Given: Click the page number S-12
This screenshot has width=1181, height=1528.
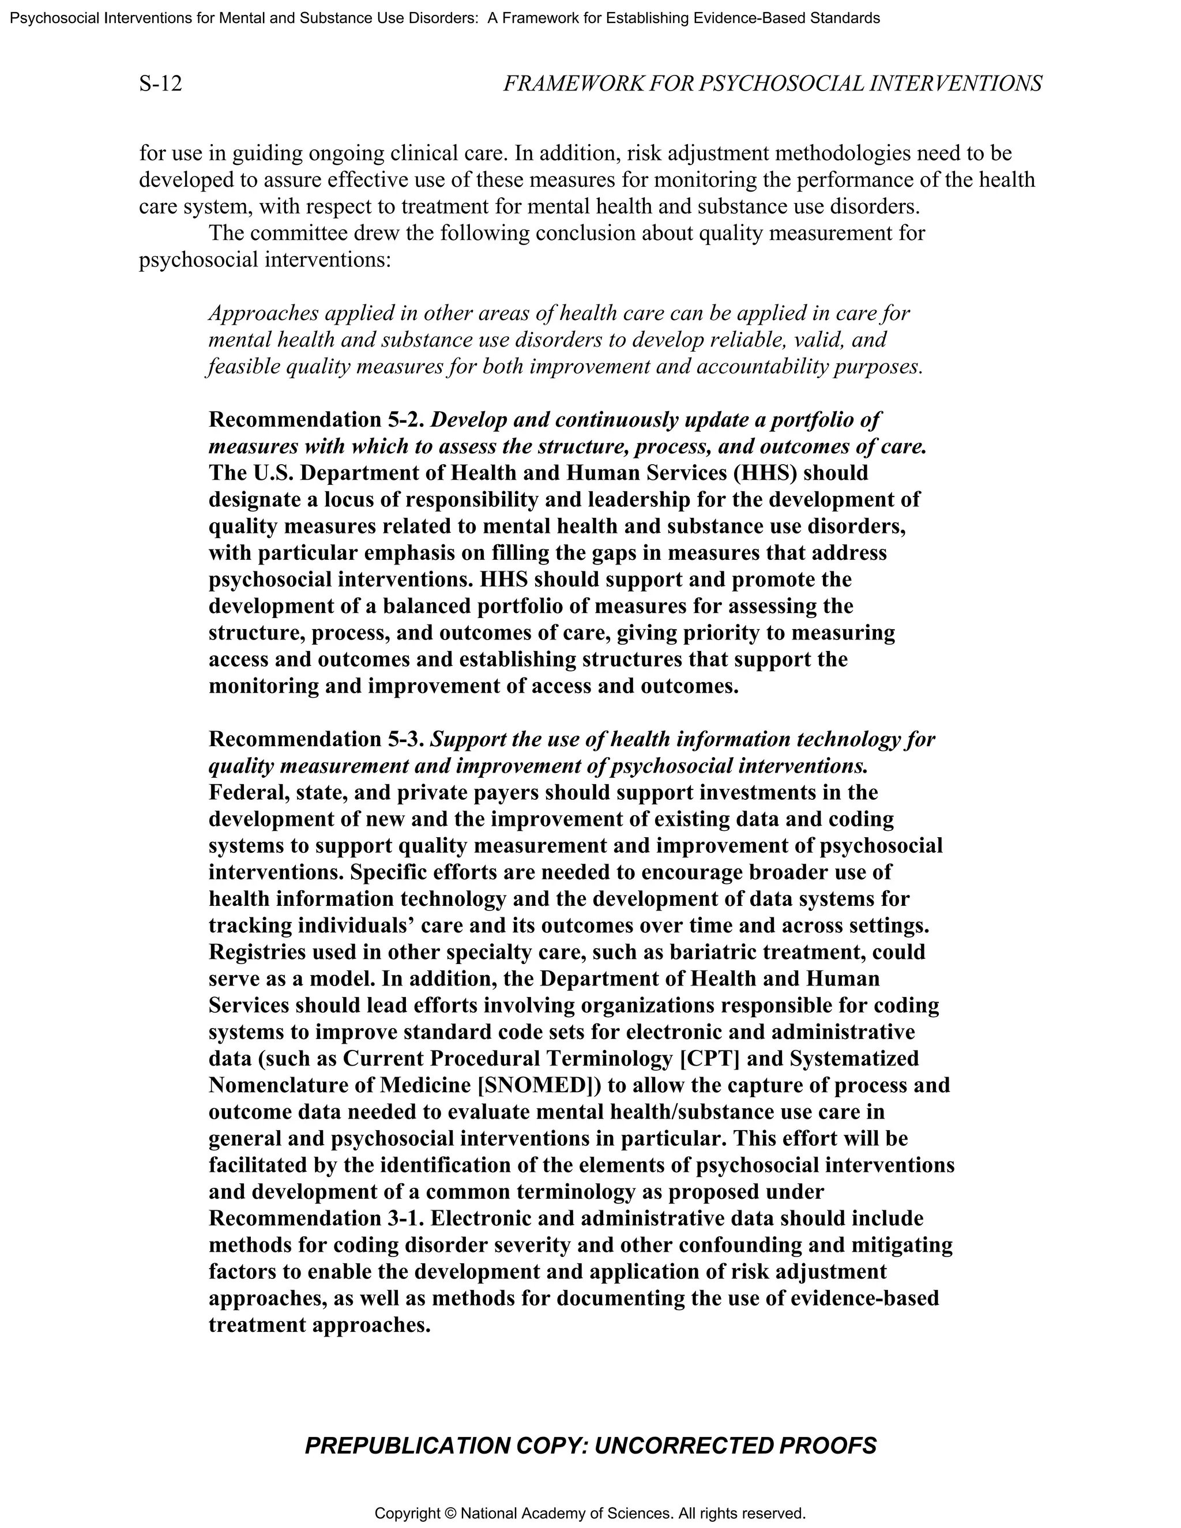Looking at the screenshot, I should [160, 84].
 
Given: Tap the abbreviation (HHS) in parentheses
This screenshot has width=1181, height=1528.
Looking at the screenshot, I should [765, 473].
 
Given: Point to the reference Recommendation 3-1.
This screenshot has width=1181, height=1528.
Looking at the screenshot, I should [316, 1218].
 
